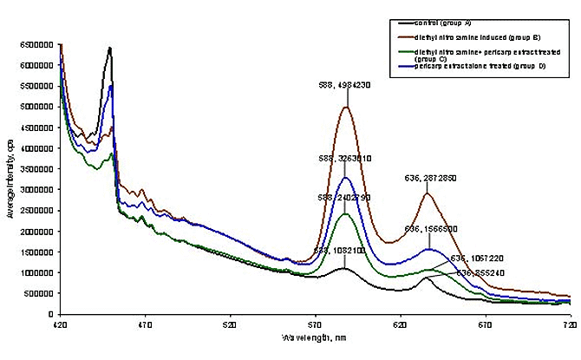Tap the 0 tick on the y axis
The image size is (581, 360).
tap(49, 314)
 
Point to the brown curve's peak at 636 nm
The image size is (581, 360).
tap(427, 193)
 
